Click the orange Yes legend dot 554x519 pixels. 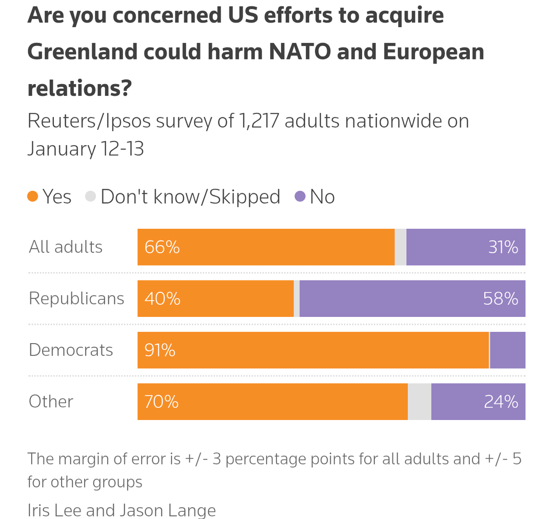[x=33, y=196]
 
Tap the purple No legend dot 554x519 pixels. [x=300, y=196]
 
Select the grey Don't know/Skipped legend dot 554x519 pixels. [x=91, y=196]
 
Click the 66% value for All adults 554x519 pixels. [x=162, y=247]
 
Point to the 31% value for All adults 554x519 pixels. [x=503, y=247]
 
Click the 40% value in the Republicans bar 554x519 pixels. [x=162, y=298]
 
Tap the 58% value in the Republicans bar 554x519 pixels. [x=500, y=298]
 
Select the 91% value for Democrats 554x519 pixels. [x=160, y=350]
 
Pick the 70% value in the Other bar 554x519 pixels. [x=162, y=402]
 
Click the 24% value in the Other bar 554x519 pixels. [x=501, y=402]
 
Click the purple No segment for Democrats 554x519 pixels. [x=508, y=350]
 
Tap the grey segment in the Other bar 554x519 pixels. [x=420, y=402]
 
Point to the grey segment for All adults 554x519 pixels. [x=401, y=247]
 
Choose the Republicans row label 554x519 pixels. [x=76, y=298]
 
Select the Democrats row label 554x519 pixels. [x=71, y=350]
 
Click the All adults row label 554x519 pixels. [x=66, y=247]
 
